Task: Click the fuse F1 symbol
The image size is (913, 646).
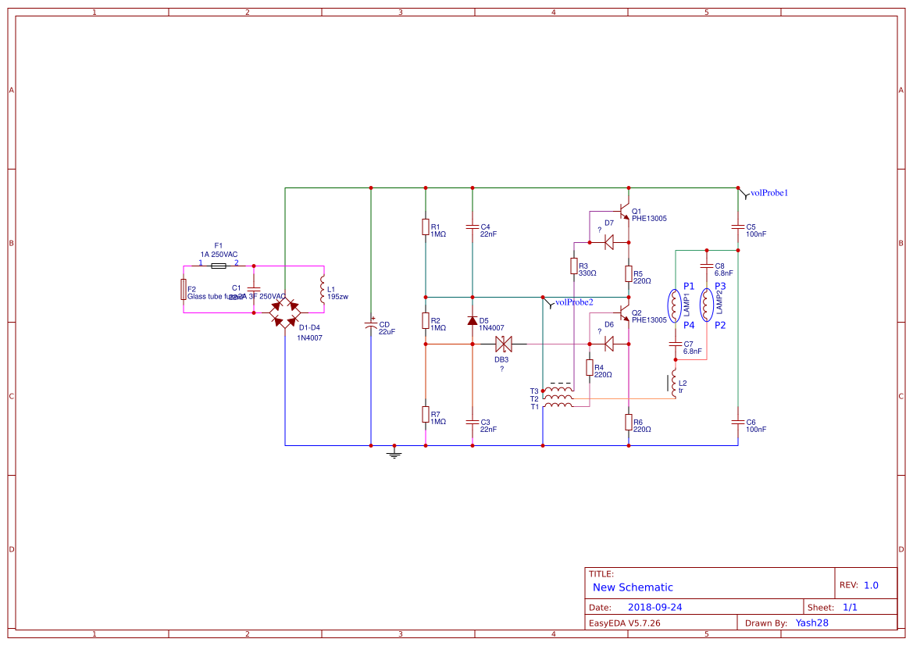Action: point(219,266)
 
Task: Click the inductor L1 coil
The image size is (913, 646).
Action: point(322,291)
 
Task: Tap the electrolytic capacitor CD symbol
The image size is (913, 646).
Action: point(371,327)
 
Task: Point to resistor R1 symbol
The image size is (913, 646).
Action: point(426,227)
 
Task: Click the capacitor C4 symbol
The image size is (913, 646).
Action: point(473,227)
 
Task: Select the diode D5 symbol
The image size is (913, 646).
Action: point(473,321)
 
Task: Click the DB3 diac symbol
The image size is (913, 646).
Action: point(503,344)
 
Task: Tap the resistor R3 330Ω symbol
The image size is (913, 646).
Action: point(574,266)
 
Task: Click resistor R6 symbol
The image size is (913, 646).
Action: point(629,422)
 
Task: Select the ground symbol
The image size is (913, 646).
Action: point(394,451)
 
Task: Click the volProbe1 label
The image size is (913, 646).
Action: point(769,192)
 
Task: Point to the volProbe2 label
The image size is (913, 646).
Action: point(573,302)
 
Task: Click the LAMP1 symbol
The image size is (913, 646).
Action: point(673,305)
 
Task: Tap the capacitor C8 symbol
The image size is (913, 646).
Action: point(707,266)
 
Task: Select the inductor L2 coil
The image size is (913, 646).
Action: point(674,383)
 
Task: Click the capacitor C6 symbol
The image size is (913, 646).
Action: point(738,422)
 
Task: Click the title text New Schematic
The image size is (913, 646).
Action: point(633,587)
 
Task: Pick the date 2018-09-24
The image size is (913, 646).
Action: point(654,607)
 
